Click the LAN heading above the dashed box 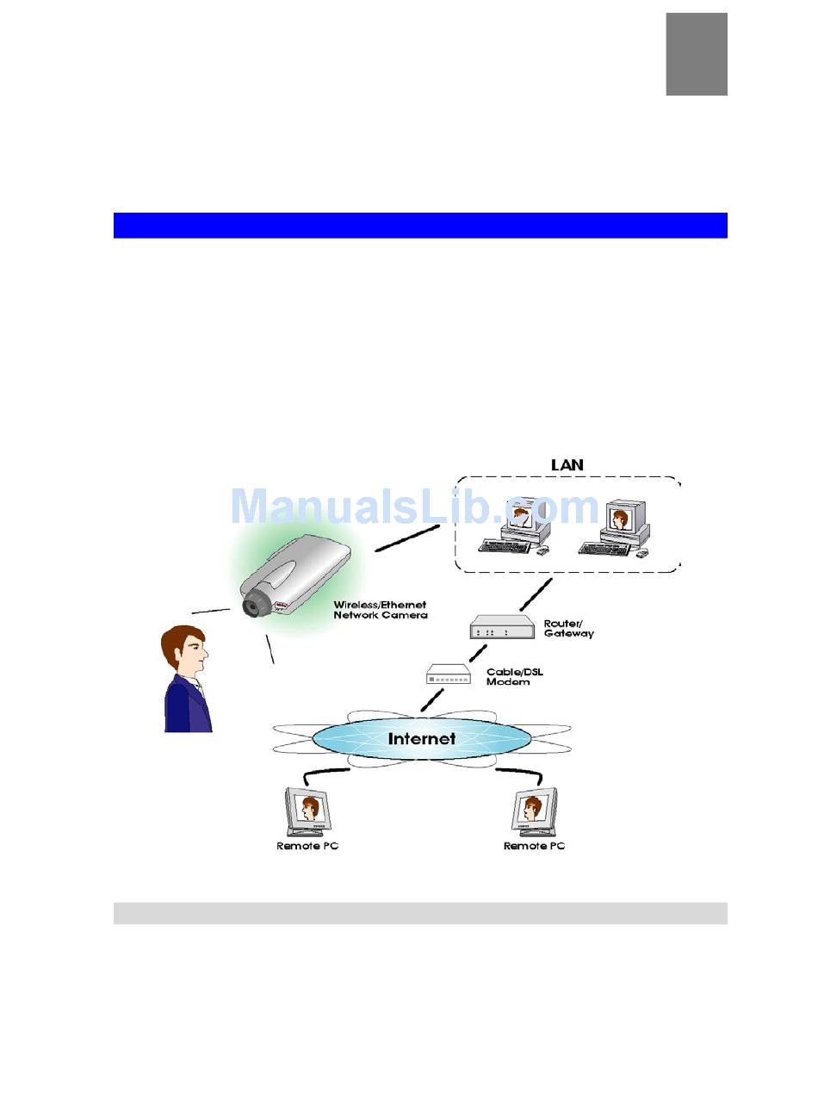point(567,464)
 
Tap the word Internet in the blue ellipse point(421,738)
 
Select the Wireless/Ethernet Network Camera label point(380,610)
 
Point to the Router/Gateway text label point(568,628)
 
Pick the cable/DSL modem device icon point(449,674)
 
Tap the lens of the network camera point(252,606)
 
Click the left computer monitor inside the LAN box point(521,518)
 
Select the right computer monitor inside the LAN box point(619,519)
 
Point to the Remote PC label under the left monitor point(307,846)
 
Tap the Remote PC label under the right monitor point(534,846)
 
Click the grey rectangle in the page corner point(696,53)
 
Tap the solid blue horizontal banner point(420,225)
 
